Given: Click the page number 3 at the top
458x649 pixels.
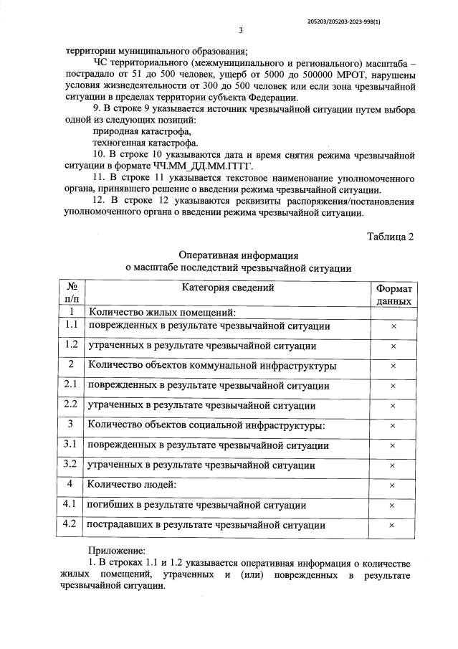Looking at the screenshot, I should pyautogui.click(x=241, y=31).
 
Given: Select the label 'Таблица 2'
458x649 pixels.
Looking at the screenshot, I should pyautogui.click(x=390, y=237).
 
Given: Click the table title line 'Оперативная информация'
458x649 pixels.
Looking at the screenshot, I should pyautogui.click(x=239, y=255).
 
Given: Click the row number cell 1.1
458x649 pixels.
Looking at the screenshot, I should pyautogui.click(x=70, y=326).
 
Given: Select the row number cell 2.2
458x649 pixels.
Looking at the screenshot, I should pyautogui.click(x=70, y=404).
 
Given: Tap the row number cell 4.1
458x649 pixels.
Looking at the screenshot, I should pyautogui.click(x=70, y=505).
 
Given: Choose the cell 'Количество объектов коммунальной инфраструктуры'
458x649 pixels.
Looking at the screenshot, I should pyautogui.click(x=212, y=366).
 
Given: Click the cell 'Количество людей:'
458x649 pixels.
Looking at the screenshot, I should pyautogui.click(x=131, y=485).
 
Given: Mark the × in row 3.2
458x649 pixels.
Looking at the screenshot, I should pyautogui.click(x=393, y=465).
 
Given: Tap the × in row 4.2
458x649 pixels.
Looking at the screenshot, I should pyautogui.click(x=393, y=525).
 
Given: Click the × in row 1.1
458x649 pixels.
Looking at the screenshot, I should pyautogui.click(x=393, y=326).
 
